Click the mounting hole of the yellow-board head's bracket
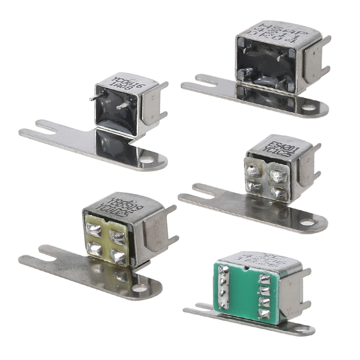[x=142, y=286]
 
